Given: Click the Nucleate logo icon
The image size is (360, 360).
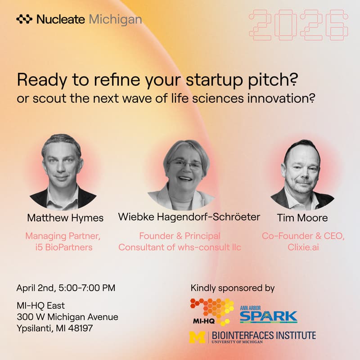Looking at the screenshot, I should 24,19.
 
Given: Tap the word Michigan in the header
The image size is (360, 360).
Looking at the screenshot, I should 116,19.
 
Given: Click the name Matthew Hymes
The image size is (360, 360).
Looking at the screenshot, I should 65,218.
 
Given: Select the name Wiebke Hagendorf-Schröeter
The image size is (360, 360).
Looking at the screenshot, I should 189,217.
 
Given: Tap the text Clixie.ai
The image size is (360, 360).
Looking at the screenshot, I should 302,247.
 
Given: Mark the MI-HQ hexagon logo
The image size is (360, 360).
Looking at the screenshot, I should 212,310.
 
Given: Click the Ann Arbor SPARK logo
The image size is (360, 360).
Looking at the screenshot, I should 268,315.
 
